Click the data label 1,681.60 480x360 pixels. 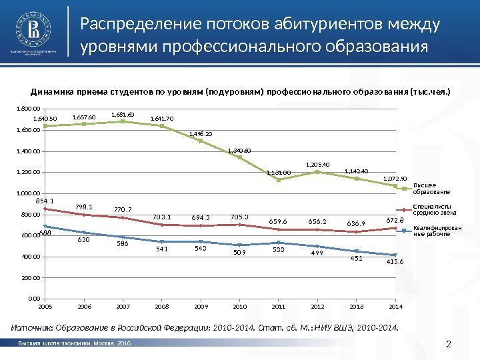pos(123,114)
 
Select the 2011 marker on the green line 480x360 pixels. pos(279,179)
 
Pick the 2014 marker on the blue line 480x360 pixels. pos(395,255)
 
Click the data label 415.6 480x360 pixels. pos(395,263)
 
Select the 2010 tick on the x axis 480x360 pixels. pos(239,307)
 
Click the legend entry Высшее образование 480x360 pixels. pos(425,188)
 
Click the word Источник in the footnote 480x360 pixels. pos(31,327)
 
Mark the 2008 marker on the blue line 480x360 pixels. pos(162,241)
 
